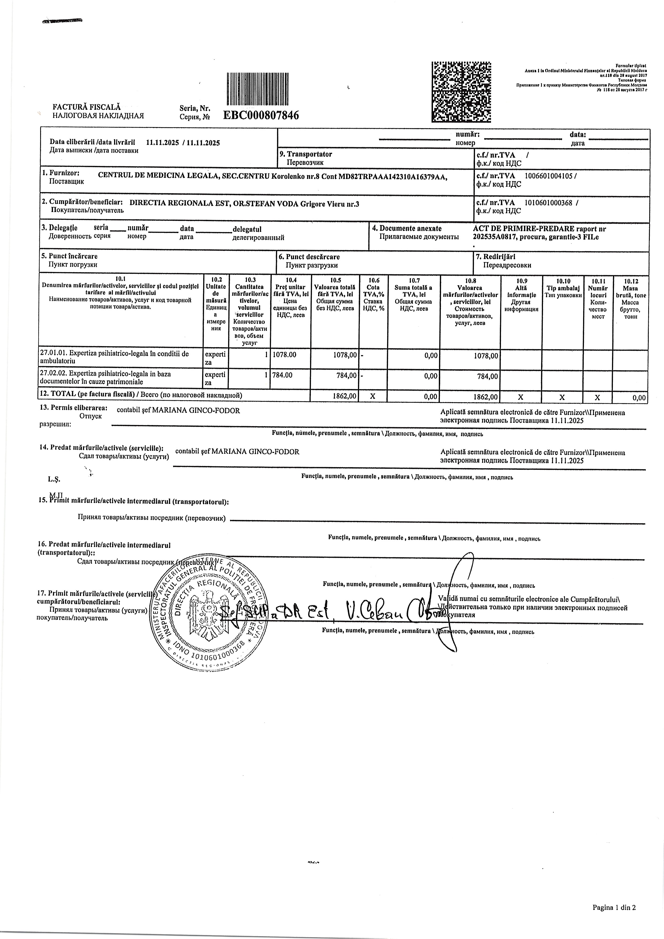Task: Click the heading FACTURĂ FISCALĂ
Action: pos(87,107)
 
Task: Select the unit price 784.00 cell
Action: pos(282,375)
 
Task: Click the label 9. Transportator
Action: pos(305,154)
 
